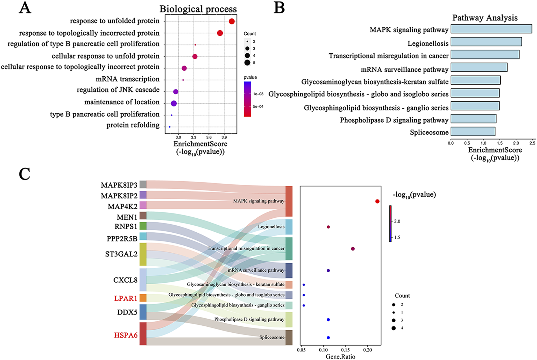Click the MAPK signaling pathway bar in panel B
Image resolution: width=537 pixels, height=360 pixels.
coord(491,29)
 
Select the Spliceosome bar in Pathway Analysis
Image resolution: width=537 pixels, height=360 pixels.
coord(473,132)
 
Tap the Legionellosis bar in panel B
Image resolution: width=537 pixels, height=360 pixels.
coord(486,42)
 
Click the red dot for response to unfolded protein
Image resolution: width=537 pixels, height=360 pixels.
coord(232,21)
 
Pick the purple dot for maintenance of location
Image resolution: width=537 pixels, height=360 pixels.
coord(174,103)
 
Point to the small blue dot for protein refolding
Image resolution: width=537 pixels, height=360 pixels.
coord(169,127)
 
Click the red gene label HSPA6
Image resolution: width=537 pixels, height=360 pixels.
coord(126,335)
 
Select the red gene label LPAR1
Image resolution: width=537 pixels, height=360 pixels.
coord(126,298)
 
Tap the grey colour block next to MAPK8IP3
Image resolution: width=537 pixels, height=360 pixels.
coord(143,184)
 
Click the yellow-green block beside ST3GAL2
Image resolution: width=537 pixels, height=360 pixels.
coord(143,254)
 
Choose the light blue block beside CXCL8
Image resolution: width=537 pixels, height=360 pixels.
coord(143,280)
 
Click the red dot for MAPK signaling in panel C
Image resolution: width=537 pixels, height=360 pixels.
coord(377,201)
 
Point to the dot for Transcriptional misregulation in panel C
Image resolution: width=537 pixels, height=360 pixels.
coord(353,249)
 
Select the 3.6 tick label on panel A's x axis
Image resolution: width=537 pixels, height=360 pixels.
coord(209,137)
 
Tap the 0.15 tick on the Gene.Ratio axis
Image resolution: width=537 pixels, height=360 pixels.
coord(345,350)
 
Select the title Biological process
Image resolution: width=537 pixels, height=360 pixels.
coord(198,9)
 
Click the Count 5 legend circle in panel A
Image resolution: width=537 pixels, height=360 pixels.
coord(247,63)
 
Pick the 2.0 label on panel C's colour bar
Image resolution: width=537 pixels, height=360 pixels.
coord(397,221)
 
